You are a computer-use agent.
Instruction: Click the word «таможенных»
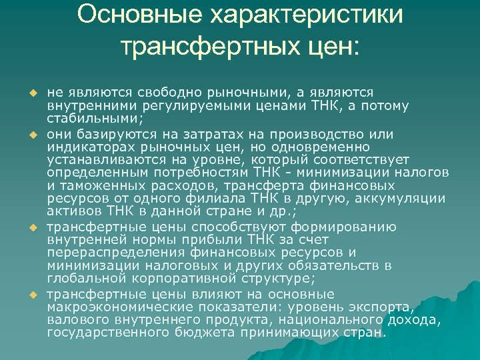[99, 186]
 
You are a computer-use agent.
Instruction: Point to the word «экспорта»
[384, 306]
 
